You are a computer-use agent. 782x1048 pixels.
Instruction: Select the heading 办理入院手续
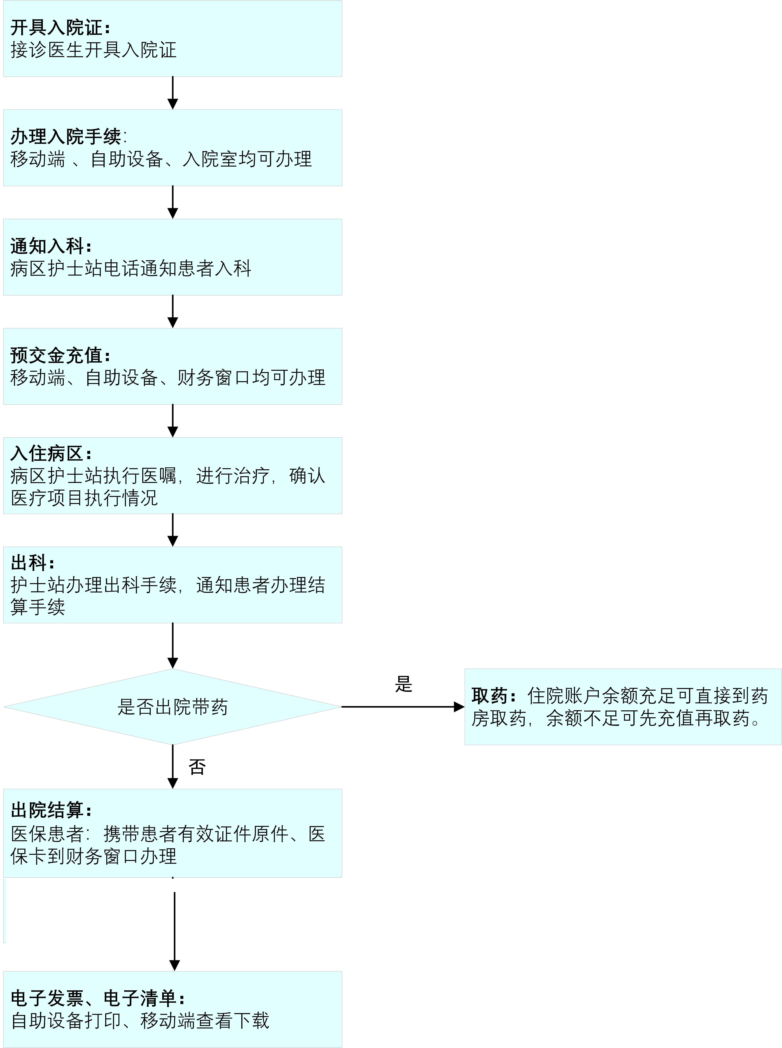[65, 137]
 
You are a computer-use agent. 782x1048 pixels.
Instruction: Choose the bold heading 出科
[28, 563]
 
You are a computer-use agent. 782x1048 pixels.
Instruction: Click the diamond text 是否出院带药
[173, 707]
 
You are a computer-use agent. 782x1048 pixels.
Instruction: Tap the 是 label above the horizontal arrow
[404, 684]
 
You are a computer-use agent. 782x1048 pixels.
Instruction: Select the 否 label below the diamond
[197, 767]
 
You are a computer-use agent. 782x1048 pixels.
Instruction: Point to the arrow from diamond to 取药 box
[403, 707]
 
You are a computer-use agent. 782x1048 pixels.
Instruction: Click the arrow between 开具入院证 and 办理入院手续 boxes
[173, 93]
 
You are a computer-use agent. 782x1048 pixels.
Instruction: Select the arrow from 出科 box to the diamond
[173, 645]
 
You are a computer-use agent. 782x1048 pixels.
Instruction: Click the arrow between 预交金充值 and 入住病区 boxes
[173, 421]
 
